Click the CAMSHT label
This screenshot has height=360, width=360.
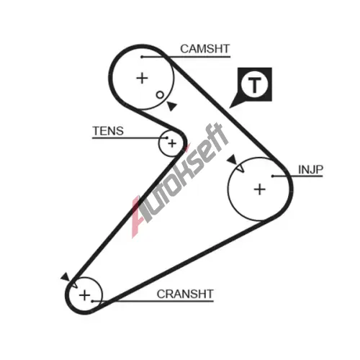[x=205, y=49]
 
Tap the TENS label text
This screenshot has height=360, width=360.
[x=108, y=131]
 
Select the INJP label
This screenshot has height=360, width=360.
[x=310, y=169]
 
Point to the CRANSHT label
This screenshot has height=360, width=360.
[x=185, y=294]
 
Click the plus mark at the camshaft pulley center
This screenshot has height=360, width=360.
[x=142, y=78]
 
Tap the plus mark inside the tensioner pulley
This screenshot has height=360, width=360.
[x=172, y=143]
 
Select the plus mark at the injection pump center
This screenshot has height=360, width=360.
[x=260, y=189]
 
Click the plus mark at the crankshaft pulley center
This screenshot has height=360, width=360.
[x=84, y=295]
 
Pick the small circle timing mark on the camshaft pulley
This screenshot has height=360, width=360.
[x=160, y=95]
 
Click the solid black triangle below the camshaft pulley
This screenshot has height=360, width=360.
[x=172, y=106]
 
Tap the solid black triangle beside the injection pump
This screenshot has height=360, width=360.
[x=233, y=159]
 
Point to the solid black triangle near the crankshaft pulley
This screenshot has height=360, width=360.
[x=66, y=276]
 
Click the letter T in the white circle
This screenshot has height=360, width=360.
[x=254, y=86]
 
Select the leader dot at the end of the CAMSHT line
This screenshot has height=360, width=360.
[x=142, y=57]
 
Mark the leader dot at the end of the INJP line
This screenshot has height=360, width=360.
[x=273, y=176]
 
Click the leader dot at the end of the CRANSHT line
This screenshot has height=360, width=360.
[x=92, y=301]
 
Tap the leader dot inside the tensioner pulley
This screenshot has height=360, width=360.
[x=167, y=138]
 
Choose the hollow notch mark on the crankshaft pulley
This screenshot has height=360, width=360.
[x=74, y=285]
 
